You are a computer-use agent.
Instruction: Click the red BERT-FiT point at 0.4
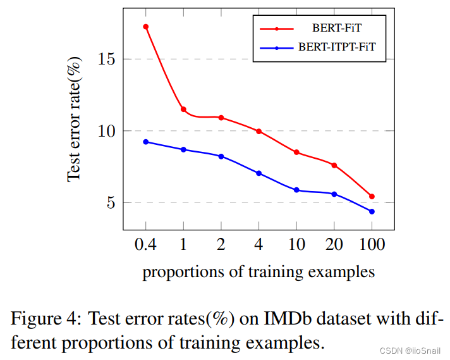pyautogui.click(x=146, y=27)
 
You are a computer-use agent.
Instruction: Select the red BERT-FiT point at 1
pyautogui.click(x=183, y=109)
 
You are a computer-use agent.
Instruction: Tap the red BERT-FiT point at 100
pyautogui.click(x=372, y=196)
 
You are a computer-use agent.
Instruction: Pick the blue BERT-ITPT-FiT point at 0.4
pyautogui.click(x=146, y=142)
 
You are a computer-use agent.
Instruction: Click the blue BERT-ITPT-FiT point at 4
pyautogui.click(x=258, y=173)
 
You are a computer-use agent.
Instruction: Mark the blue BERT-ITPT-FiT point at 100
pyautogui.click(x=372, y=211)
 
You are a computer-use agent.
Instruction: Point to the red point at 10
pyautogui.click(x=296, y=152)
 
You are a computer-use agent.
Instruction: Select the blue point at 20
pyautogui.click(x=334, y=194)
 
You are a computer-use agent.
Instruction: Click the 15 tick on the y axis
pyautogui.click(x=108, y=59)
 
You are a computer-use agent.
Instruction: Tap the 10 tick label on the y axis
pyautogui.click(x=108, y=131)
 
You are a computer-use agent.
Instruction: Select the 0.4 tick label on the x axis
pyautogui.click(x=146, y=244)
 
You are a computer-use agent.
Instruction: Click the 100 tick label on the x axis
pyautogui.click(x=372, y=244)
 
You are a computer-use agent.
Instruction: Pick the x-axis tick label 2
pyautogui.click(x=221, y=244)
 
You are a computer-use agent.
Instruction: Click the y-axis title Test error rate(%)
pyautogui.click(x=75, y=120)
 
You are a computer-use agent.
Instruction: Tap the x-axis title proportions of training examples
pyautogui.click(x=258, y=273)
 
